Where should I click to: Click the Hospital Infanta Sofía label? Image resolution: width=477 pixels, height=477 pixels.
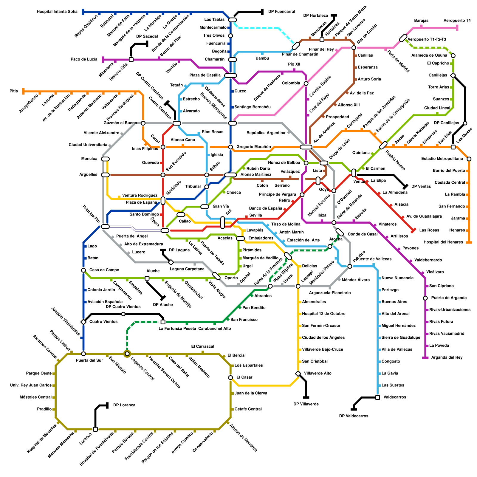pos(57,12)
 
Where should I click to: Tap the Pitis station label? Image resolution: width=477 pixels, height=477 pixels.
pos(14,91)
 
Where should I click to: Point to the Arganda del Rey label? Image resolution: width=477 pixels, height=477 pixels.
pos(447,357)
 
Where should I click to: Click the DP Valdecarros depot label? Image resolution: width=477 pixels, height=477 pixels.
pos(354,416)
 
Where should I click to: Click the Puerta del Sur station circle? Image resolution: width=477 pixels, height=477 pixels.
pos(83,354)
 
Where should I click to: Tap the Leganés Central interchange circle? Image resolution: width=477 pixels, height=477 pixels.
pos(127,354)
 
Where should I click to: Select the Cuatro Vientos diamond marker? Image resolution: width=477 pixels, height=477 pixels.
pos(83,322)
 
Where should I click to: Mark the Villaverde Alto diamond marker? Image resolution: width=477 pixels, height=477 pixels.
pos(298,374)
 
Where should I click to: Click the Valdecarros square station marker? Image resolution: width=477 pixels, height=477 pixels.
pos(378,397)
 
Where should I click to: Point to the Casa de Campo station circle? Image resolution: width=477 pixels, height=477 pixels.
pos(83,270)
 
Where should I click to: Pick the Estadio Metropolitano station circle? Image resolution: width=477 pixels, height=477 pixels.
pos(469,159)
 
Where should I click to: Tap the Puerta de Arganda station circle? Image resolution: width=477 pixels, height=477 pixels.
pos(425,298)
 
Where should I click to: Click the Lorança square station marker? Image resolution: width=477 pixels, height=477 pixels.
pos(95,429)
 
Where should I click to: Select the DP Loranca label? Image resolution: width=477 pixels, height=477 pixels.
pos(124,405)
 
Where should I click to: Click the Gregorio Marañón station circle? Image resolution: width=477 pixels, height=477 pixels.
pos(230,147)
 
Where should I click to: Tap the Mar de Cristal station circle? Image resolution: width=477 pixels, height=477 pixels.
pos(354,48)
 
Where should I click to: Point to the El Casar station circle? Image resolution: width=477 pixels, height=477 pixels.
pos(230,378)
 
